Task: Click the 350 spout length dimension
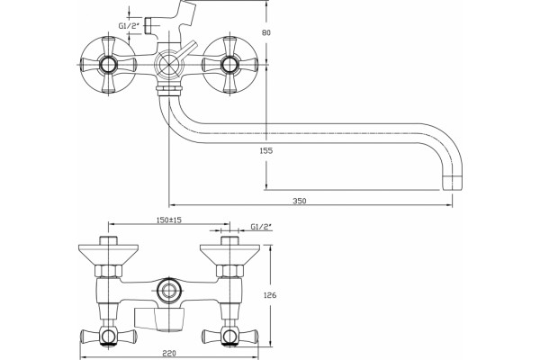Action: point(300,201)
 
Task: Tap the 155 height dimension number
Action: point(266,150)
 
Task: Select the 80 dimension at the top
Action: point(266,32)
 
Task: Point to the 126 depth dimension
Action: point(270,295)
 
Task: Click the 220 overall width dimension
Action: point(169,353)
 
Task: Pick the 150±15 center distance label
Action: point(169,220)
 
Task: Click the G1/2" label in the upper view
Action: point(129,25)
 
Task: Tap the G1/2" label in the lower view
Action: point(261,226)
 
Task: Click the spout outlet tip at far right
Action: point(452,183)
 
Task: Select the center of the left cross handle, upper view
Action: point(109,65)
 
